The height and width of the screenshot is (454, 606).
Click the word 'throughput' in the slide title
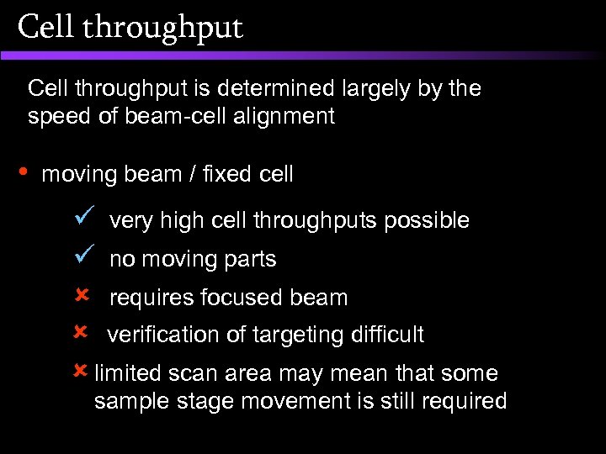tap(163, 29)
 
